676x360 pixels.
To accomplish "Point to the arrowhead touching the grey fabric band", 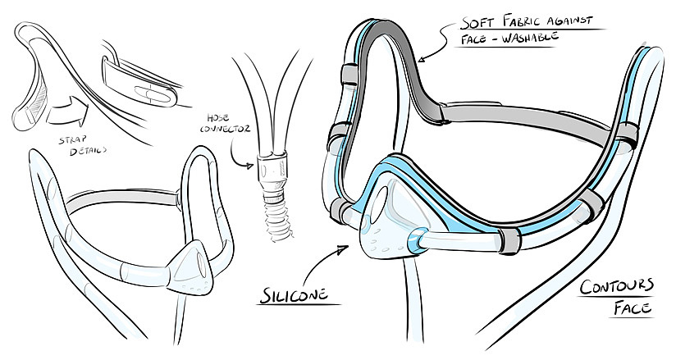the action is tap(420, 59).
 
